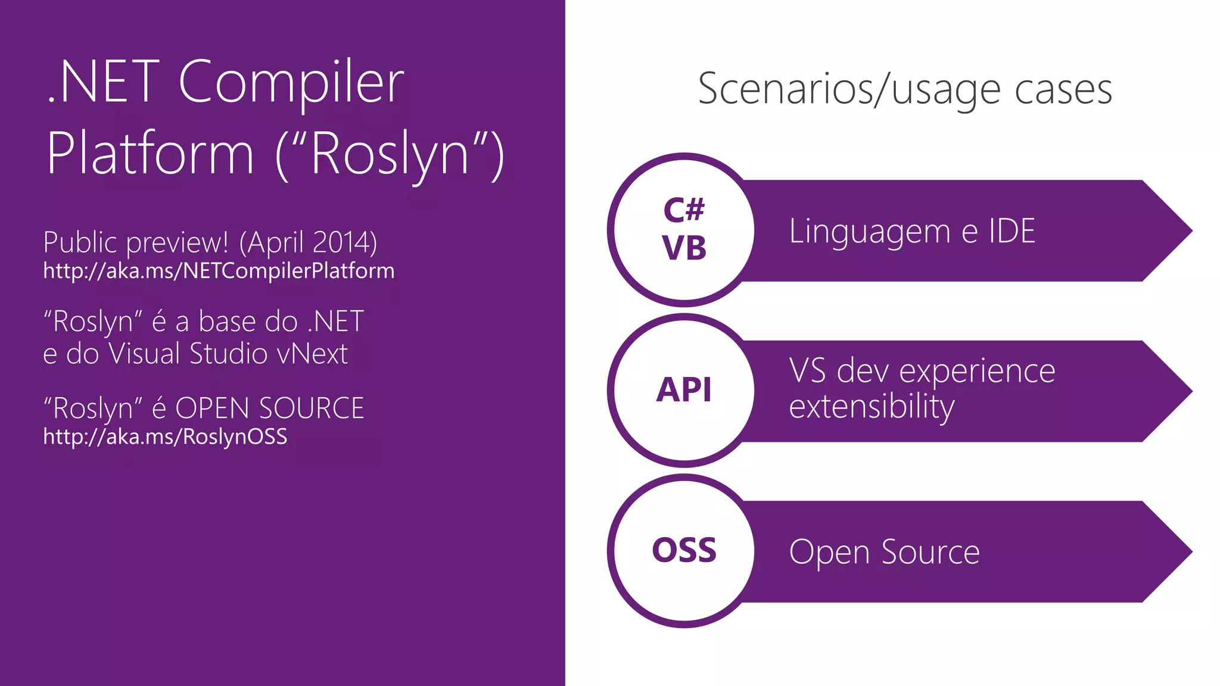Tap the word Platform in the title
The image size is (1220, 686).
coord(150,154)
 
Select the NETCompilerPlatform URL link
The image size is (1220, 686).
coord(219,271)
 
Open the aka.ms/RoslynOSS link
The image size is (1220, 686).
coord(165,436)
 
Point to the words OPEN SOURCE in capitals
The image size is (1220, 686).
coord(269,409)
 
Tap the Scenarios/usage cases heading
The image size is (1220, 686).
coord(904,89)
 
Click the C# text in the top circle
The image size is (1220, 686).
coord(684,210)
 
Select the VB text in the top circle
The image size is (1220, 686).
coord(684,248)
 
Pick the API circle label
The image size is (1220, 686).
coord(684,391)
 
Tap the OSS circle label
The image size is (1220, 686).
coord(684,550)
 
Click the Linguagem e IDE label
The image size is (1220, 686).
coord(912,231)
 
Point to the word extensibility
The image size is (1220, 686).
coord(872,407)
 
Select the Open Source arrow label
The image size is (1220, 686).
coord(884,552)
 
